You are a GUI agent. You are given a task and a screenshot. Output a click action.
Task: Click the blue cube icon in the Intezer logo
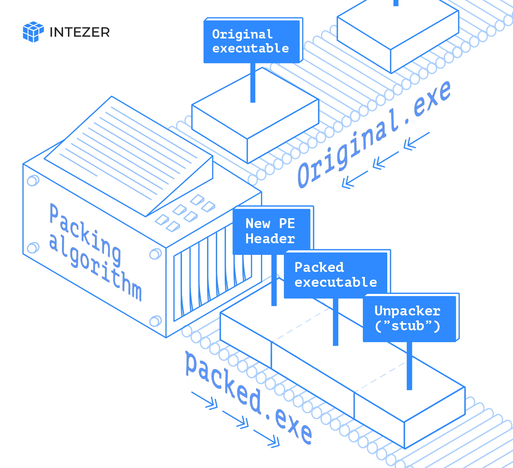click(x=33, y=32)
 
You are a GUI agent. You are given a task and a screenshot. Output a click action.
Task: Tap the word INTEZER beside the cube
click(x=80, y=32)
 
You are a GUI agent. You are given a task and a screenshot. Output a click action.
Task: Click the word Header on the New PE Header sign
click(x=270, y=239)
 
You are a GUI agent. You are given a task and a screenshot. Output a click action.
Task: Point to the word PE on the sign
click(x=287, y=223)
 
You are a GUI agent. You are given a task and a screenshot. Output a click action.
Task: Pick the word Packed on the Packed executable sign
click(x=319, y=267)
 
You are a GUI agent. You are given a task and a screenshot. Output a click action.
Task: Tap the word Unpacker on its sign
click(x=407, y=311)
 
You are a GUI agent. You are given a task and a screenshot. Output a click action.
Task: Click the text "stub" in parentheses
click(x=408, y=326)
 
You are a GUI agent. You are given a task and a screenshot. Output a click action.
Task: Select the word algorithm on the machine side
click(x=95, y=267)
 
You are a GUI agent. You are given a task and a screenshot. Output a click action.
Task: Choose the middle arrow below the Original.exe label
click(x=386, y=160)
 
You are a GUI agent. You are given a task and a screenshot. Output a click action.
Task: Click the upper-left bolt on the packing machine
click(x=33, y=181)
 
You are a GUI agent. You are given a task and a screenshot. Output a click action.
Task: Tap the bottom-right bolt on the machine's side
click(x=155, y=321)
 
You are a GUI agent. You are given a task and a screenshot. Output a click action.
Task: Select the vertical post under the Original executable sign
click(x=253, y=83)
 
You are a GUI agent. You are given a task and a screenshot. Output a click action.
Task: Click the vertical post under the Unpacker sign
click(x=410, y=366)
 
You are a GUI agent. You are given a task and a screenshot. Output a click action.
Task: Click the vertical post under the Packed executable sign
click(x=336, y=322)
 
